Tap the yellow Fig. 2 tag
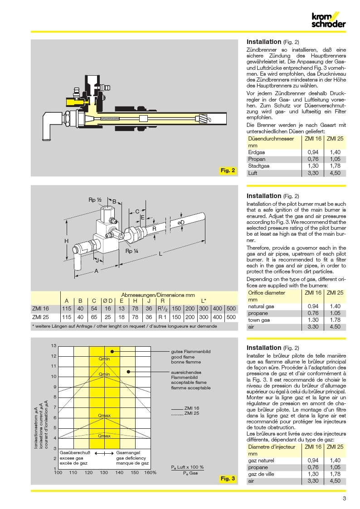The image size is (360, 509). (x=228, y=170)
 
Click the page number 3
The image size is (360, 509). (x=344, y=499)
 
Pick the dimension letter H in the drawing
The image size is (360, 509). (x=66, y=242)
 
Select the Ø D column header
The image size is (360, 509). (x=107, y=301)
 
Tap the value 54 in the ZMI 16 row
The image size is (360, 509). (x=94, y=309)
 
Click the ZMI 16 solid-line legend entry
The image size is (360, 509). (x=192, y=408)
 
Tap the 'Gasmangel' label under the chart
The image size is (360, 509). (x=128, y=452)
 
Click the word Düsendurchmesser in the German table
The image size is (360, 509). (x=271, y=138)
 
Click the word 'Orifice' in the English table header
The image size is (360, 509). (x=257, y=293)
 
